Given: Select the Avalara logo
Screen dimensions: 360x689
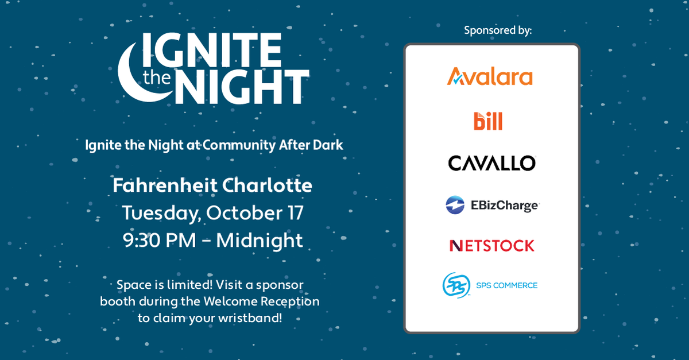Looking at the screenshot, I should coord(490,76).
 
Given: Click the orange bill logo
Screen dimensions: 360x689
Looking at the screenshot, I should coord(488,121).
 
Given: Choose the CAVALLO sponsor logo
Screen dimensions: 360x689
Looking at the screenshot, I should coord(491,163).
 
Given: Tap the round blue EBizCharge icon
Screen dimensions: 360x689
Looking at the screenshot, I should coord(455,205).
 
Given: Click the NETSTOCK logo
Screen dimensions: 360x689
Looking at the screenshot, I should coord(491,246).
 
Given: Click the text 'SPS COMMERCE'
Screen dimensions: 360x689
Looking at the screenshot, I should coord(507,285).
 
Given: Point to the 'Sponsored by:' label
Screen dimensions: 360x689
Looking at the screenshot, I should coord(498,30).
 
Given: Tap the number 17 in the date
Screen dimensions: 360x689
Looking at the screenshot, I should coord(291,212).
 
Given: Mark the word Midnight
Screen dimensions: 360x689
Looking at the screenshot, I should coord(260,239).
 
